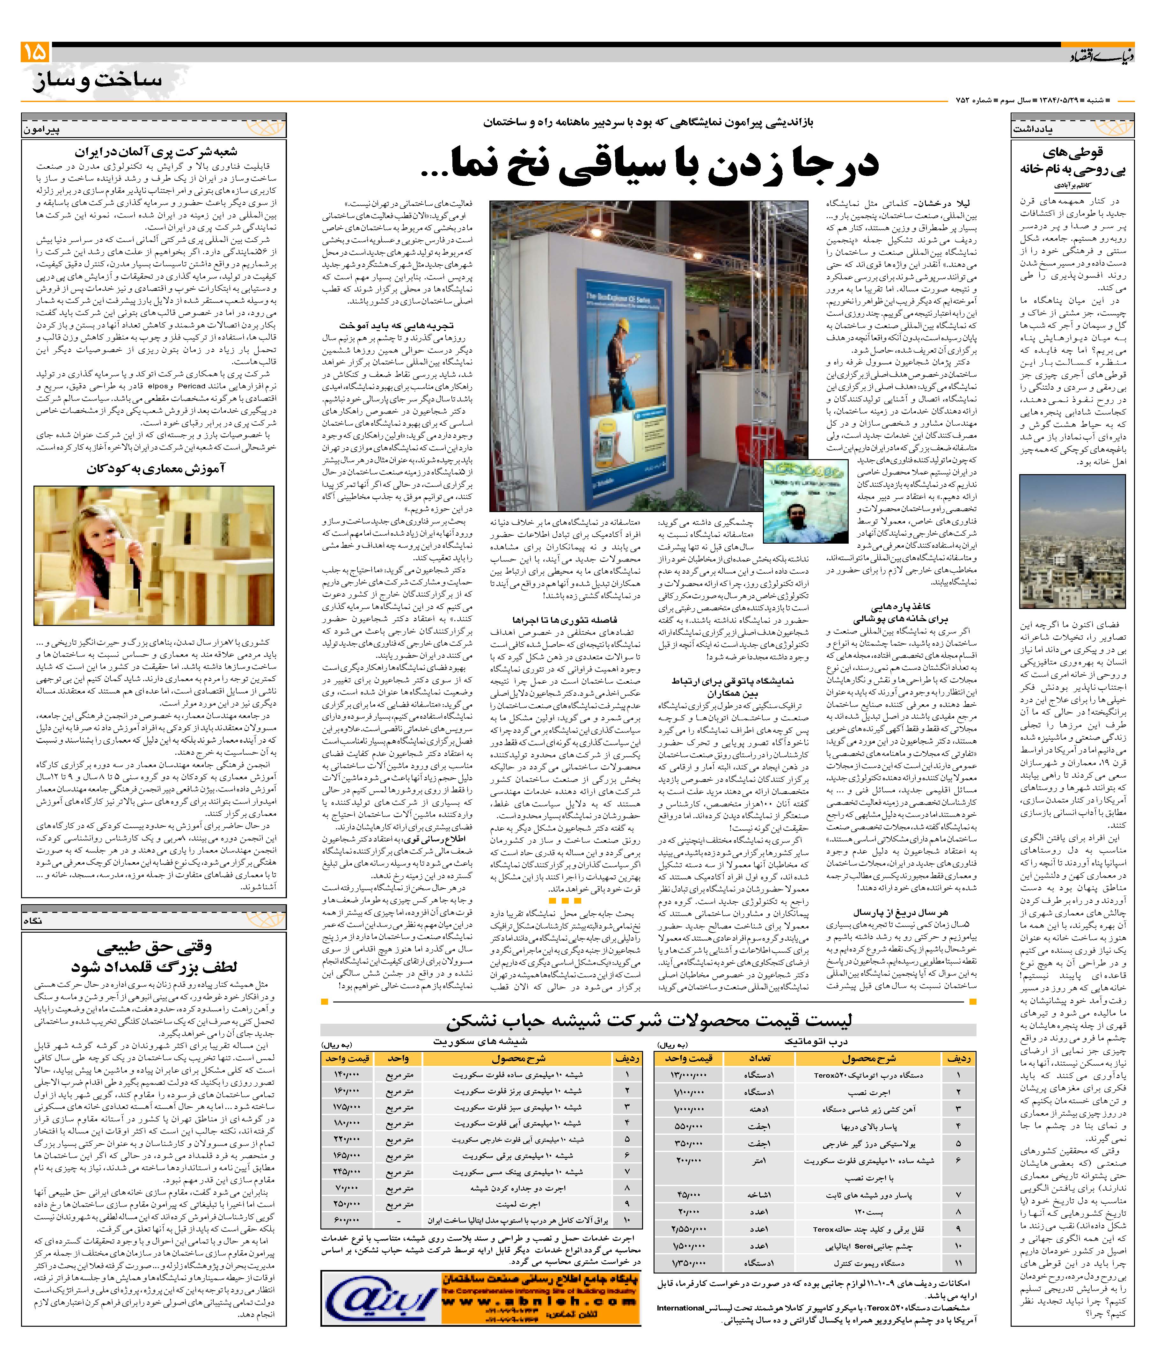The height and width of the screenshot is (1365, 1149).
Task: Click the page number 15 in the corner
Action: tap(34, 52)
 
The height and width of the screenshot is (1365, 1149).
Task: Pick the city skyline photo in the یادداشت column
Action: tap(1072, 541)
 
